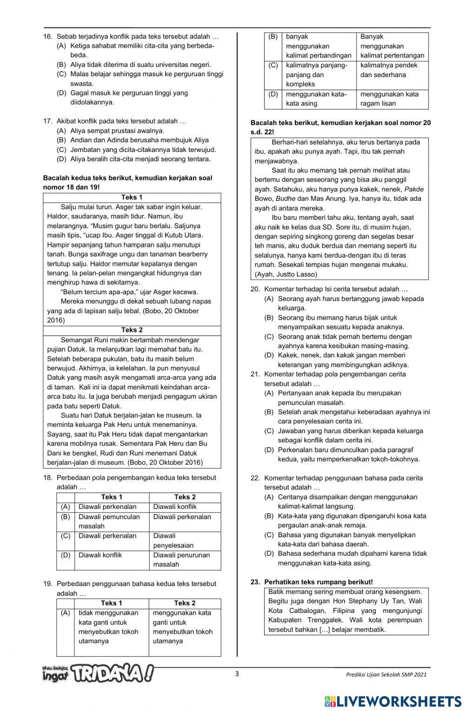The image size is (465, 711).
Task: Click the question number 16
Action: (x=47, y=36)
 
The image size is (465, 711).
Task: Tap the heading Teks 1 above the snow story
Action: (x=132, y=197)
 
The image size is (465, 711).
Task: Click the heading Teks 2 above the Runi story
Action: (x=132, y=330)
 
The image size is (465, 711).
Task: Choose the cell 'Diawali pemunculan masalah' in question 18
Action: (x=109, y=521)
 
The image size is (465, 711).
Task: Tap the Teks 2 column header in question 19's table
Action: (x=184, y=603)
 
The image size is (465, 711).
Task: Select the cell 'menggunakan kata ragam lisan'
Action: (x=389, y=99)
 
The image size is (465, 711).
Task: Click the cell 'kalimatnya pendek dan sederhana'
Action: (x=389, y=70)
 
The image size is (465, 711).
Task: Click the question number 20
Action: (x=255, y=289)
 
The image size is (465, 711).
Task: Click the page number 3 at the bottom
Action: (x=237, y=674)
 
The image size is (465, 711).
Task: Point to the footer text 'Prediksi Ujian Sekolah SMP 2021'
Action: (x=385, y=675)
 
